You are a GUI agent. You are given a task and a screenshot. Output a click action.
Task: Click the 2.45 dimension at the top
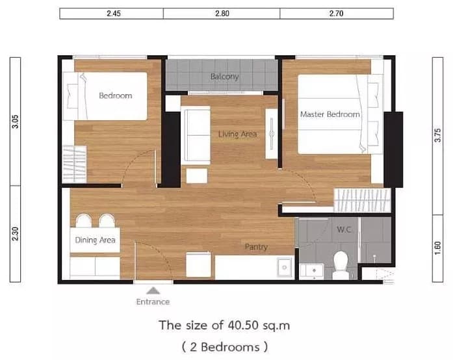114,14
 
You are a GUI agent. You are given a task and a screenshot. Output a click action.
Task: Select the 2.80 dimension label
222,14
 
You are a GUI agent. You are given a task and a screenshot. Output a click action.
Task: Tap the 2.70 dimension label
336,14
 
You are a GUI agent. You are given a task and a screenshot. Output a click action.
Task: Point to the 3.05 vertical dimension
16,122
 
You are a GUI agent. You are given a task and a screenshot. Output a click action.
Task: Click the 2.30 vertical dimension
16,234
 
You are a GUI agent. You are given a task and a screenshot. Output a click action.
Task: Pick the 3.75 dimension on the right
437,135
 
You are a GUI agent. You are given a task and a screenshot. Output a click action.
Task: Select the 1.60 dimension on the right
437,248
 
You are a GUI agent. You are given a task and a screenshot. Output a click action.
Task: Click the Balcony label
224,77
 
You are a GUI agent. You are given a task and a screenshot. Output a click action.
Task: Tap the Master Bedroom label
330,114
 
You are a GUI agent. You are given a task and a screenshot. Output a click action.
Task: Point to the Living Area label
237,134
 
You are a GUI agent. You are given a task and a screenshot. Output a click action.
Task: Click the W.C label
344,229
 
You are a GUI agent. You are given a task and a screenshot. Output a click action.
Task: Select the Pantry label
256,247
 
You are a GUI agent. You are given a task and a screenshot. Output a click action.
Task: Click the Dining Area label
95,240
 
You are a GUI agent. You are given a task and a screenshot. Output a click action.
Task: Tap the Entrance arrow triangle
153,290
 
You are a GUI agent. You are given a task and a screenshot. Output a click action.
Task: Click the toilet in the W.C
341,265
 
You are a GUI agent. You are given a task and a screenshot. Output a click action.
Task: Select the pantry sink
284,268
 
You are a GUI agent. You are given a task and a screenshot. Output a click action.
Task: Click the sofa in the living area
196,135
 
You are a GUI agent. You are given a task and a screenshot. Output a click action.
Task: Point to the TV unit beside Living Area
272,134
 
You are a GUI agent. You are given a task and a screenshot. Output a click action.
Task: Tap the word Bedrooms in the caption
230,347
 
